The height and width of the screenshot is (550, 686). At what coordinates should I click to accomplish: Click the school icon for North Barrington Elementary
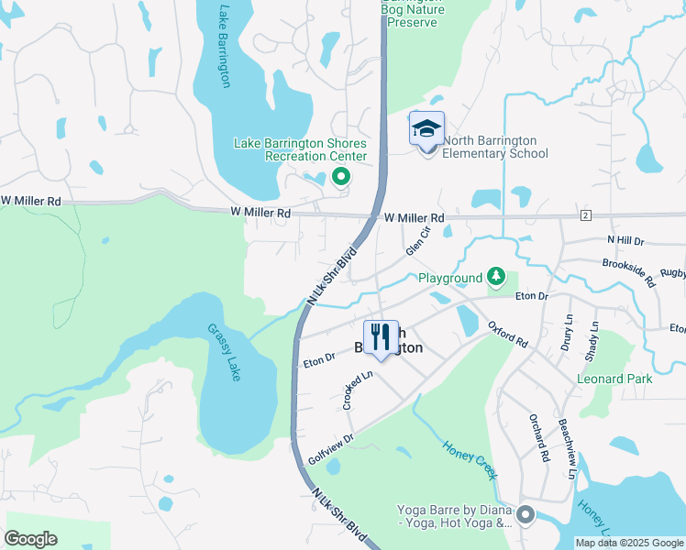point(426,128)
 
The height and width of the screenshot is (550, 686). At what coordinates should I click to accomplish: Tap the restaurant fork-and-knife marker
point(380,336)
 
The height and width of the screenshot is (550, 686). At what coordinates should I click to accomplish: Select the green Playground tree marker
point(496,276)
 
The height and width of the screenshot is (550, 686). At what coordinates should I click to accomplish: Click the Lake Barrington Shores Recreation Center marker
point(341,177)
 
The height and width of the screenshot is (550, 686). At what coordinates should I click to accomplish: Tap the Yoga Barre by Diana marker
point(526,516)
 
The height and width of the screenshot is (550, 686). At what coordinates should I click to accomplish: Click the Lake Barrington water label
point(224,47)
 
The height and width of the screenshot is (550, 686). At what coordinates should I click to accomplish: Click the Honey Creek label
point(470,460)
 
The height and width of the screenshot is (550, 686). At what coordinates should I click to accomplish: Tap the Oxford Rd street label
point(507,333)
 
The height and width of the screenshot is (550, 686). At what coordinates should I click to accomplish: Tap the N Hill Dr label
point(626,239)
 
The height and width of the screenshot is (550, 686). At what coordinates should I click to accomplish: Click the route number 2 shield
point(585,214)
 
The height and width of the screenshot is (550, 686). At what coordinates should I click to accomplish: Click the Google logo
point(30,539)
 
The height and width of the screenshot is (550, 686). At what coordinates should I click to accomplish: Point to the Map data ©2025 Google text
point(628,543)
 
